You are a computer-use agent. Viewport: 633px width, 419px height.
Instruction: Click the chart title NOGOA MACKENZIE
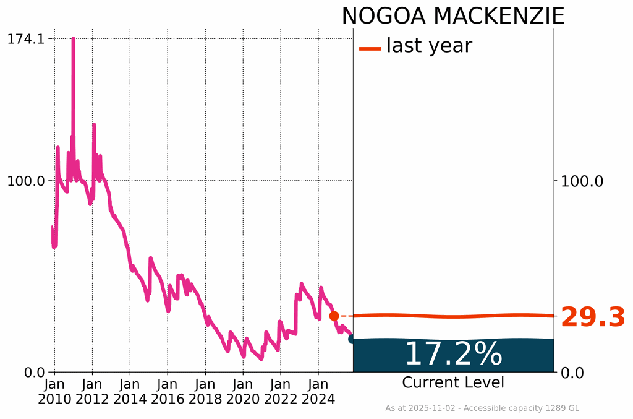click(452, 15)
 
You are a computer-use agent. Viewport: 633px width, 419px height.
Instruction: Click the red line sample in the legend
click(370, 48)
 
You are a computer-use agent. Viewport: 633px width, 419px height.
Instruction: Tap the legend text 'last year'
click(429, 45)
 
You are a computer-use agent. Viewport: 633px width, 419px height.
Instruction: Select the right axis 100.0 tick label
click(581, 181)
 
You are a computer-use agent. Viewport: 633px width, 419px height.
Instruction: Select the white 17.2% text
click(453, 354)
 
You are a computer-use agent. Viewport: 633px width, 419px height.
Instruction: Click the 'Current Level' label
click(453, 382)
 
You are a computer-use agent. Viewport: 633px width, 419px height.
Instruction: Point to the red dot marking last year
click(334, 316)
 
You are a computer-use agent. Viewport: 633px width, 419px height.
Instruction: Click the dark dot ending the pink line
click(352, 339)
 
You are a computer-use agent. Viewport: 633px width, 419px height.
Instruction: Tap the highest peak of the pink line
click(73, 39)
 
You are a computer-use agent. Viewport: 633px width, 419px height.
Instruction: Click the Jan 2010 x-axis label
click(54, 391)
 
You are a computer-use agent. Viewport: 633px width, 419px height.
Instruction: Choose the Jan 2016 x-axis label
click(168, 391)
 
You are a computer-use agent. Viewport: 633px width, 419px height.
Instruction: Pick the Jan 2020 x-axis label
click(243, 391)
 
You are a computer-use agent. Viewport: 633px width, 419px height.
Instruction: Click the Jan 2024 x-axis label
click(318, 391)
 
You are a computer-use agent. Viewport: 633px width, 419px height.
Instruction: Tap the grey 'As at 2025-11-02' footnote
click(482, 408)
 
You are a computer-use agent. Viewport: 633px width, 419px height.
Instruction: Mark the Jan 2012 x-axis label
click(92, 391)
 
